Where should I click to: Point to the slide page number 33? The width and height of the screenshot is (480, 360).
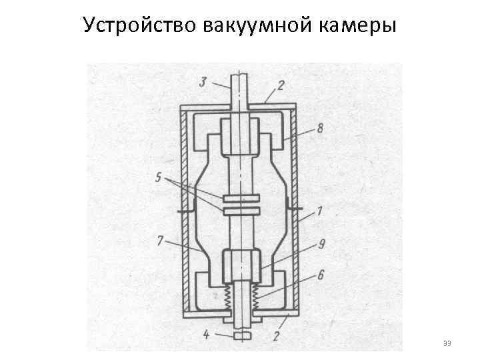[447, 343]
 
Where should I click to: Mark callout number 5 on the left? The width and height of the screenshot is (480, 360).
[158, 179]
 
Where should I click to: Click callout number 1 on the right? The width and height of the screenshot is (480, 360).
[320, 213]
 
